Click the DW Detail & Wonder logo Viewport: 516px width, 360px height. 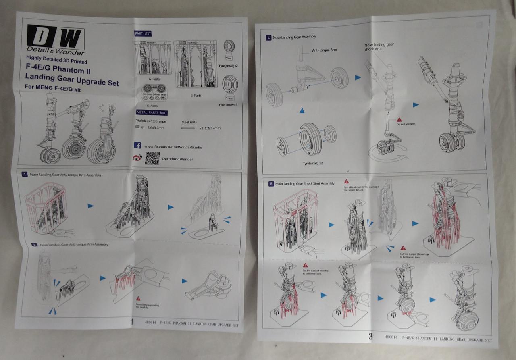pos(56,40)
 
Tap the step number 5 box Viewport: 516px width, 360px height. pos(272,183)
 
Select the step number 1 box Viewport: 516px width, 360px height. pos(25,175)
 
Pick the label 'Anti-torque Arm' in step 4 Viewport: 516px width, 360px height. pos(325,50)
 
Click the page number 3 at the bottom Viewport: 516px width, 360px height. pos(370,337)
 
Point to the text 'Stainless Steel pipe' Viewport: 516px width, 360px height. pos(151,121)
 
